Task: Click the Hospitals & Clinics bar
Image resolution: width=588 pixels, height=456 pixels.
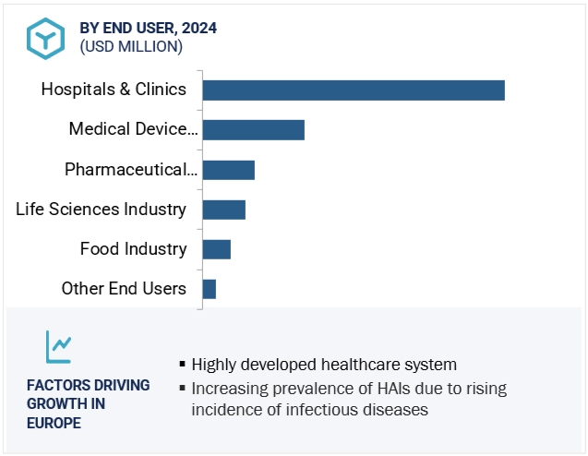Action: (354, 90)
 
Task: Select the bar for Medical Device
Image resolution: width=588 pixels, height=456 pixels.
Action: (253, 129)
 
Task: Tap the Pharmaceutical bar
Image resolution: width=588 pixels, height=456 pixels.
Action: (228, 170)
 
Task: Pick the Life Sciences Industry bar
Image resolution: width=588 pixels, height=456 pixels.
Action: (223, 210)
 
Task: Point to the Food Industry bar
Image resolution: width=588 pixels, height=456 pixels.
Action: (216, 249)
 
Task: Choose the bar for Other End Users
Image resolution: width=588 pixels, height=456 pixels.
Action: (209, 289)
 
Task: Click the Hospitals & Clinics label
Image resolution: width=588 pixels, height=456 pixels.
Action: (114, 90)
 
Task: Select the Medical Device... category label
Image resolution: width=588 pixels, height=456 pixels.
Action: (133, 129)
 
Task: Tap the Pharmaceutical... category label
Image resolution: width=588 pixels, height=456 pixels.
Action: (131, 170)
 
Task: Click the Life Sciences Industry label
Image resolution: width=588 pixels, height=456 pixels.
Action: (101, 210)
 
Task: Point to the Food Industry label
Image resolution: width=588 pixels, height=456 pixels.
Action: (133, 249)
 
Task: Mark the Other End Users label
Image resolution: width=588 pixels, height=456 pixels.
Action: (124, 289)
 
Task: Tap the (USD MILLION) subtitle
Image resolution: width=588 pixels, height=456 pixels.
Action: (131, 46)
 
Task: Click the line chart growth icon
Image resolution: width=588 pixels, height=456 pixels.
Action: (58, 347)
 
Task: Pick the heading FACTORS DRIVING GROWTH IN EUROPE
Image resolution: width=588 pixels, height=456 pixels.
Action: (88, 403)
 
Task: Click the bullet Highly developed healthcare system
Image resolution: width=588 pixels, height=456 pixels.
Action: (323, 365)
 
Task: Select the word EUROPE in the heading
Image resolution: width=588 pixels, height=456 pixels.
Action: (54, 423)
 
